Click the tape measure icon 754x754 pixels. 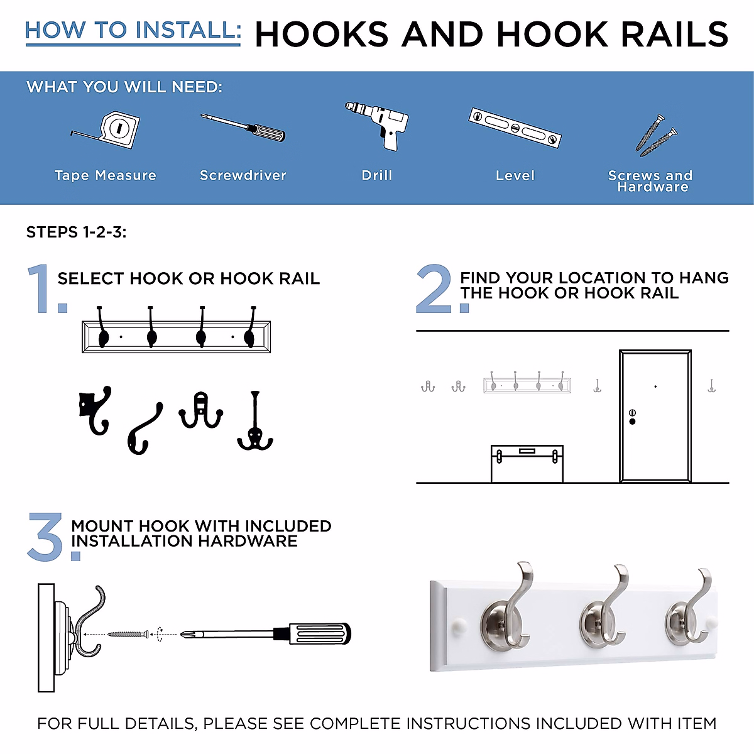coord(110,130)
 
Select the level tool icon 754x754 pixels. coord(515,128)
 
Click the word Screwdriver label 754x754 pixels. coord(243,175)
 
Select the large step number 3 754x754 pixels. coord(46,537)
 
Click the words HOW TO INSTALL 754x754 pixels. coord(133,30)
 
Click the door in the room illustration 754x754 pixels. coord(655,415)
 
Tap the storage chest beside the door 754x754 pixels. coord(527,464)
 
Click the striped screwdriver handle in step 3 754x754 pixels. coord(318,633)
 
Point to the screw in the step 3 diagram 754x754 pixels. coord(128,635)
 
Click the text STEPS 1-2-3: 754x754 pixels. coord(76,232)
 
